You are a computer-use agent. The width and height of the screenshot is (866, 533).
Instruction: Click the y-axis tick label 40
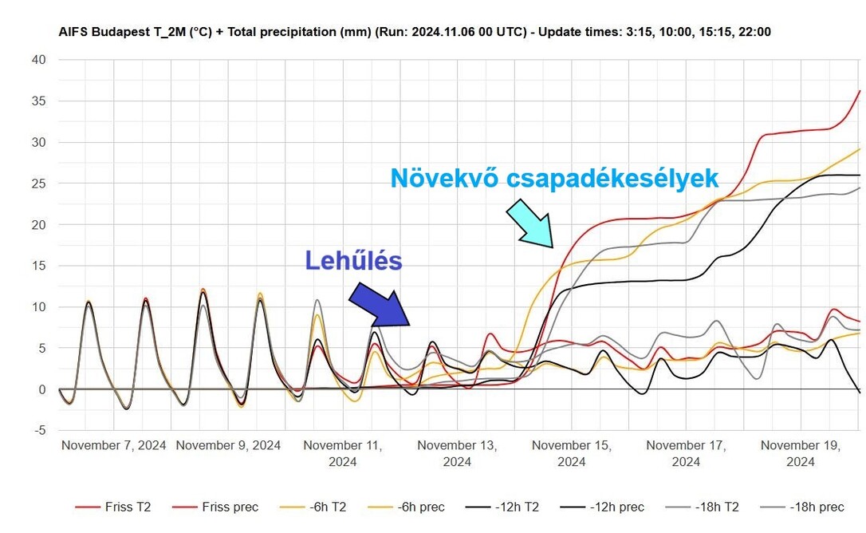tap(39, 60)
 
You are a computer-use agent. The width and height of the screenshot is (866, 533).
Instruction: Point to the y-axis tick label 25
tap(39, 184)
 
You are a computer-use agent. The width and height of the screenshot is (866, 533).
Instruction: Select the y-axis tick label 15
tap(39, 266)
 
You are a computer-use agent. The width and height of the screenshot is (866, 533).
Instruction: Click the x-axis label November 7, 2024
tap(114, 445)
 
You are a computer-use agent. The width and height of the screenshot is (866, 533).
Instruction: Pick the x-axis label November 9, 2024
tap(228, 445)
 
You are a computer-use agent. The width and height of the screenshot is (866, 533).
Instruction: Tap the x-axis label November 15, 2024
tap(572, 452)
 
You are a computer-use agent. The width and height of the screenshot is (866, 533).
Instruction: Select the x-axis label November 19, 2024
tap(801, 452)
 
